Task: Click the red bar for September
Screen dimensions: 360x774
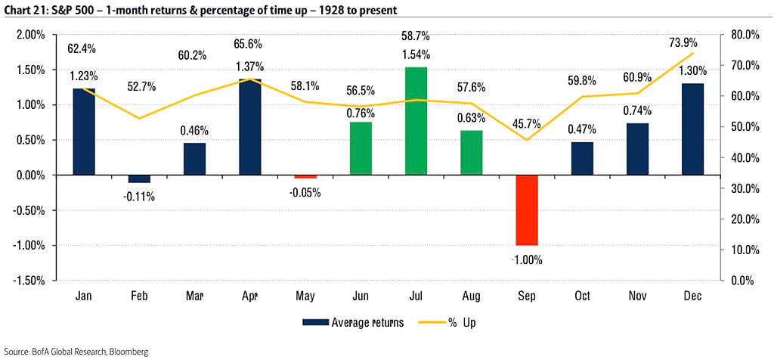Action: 526,209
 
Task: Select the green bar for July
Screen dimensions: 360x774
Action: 416,121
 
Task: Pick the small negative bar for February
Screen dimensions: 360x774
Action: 139,178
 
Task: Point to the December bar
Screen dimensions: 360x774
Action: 692,129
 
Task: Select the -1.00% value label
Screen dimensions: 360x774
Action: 526,259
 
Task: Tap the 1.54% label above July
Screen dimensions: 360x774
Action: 416,54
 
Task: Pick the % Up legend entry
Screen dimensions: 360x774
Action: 462,322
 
